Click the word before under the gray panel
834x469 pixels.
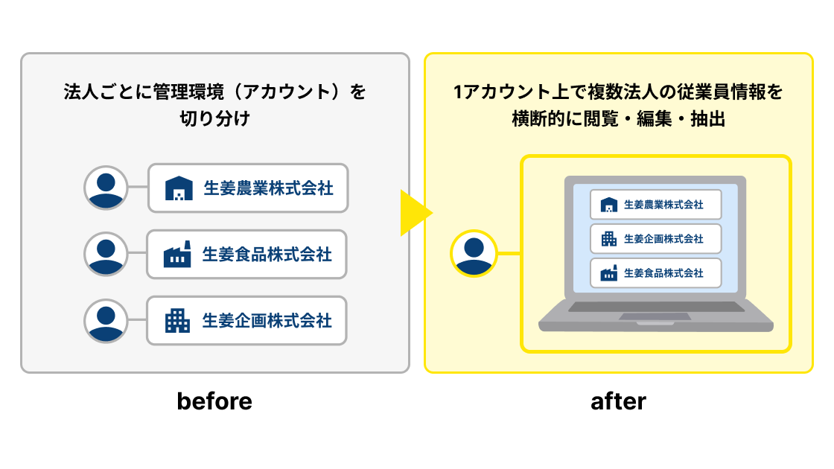coord(214,401)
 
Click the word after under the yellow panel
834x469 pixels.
coord(618,401)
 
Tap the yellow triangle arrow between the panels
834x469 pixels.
coord(415,213)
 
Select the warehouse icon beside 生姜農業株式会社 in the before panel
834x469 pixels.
coord(179,188)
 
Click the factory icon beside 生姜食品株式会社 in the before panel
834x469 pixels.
coord(178,255)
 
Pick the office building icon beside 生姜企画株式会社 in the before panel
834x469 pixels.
coord(178,321)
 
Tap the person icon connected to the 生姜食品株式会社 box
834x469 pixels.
coord(107,254)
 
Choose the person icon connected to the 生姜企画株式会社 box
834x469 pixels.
coord(107,320)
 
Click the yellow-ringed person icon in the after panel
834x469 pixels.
coord(474,253)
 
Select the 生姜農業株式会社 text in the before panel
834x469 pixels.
coord(268,188)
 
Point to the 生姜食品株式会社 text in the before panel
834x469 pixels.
coord(267,255)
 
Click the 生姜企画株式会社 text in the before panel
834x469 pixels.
coord(267,321)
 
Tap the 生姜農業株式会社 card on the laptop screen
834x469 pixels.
coord(656,205)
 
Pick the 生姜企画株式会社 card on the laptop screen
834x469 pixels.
coord(656,239)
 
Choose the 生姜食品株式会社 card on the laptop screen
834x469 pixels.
coord(656,273)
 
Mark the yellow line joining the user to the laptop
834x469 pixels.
coord(509,253)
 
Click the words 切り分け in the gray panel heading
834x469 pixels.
coord(214,118)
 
